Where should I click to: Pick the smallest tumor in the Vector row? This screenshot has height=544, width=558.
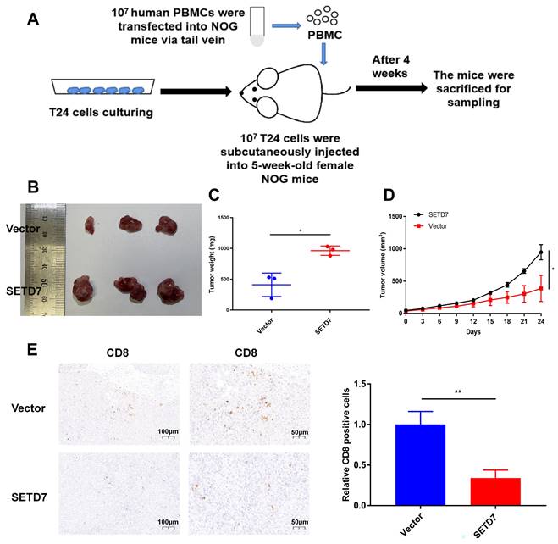click(90, 225)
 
